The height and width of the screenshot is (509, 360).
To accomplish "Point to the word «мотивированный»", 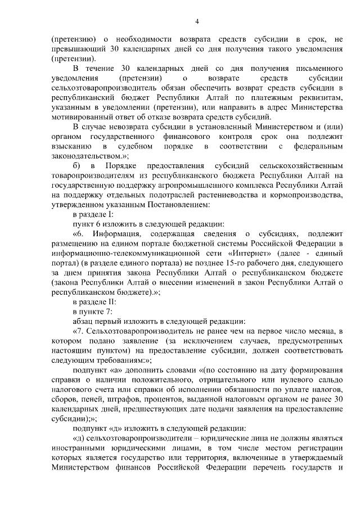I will click(x=82, y=117).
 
